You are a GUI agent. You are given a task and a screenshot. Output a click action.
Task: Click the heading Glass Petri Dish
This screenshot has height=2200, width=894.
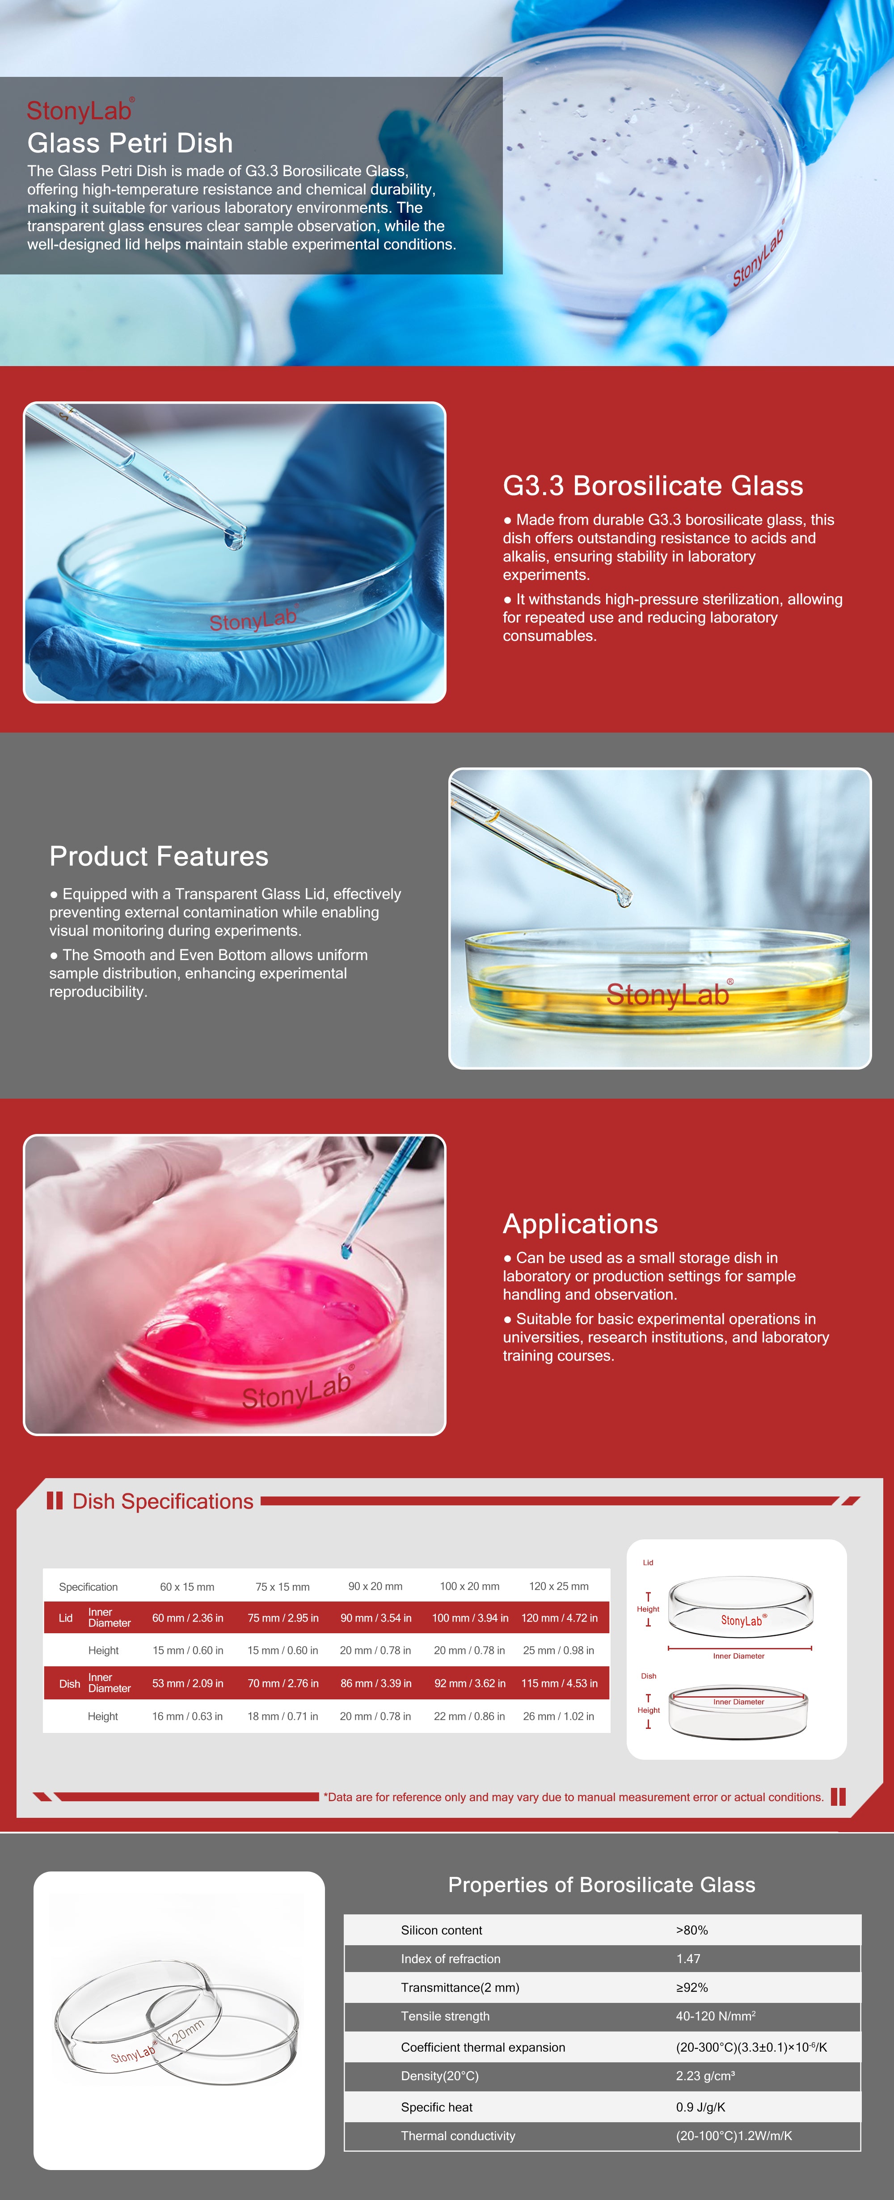pos(130,143)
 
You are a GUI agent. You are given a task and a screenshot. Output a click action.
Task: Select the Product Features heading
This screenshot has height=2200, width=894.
pos(159,856)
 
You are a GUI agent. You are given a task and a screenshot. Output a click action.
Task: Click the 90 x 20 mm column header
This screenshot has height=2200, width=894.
pos(375,1586)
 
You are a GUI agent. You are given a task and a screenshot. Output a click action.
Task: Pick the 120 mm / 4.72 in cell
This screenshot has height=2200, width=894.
pos(559,1618)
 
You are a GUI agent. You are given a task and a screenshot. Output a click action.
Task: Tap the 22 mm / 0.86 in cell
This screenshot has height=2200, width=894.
pos(469,1716)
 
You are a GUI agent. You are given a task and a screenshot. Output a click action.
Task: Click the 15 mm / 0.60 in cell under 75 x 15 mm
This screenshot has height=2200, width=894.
pos(283,1650)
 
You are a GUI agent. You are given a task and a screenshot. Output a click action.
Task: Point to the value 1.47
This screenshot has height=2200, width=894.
pos(688,1958)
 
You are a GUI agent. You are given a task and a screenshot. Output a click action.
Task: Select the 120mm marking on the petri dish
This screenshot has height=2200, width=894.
pos(186,2033)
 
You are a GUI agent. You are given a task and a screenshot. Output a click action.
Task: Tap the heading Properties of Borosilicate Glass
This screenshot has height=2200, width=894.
pos(602,1885)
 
